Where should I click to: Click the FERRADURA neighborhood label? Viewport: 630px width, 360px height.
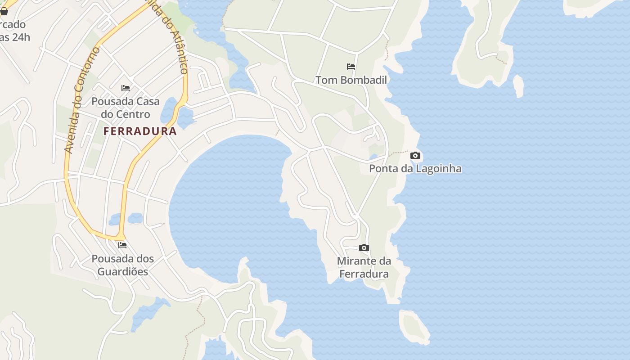pos(140,131)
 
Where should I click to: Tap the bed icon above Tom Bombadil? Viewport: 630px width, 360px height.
pos(351,67)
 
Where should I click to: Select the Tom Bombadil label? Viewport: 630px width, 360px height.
pos(351,80)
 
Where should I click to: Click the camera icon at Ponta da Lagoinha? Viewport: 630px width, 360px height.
pos(415,156)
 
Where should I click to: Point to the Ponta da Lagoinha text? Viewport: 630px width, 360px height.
pos(415,169)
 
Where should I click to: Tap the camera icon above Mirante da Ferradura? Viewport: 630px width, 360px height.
pos(364,248)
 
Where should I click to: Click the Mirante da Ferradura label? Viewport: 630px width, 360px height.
pos(364,267)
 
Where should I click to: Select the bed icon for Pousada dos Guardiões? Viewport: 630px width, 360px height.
pos(122,245)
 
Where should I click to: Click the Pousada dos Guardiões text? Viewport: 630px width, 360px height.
pos(122,265)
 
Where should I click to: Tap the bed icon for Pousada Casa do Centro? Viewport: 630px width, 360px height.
pos(126,88)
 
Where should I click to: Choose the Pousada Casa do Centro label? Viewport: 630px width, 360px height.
pos(126,108)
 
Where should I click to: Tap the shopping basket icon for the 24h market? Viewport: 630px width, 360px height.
pos(4,11)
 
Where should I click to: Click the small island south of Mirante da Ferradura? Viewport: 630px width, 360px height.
pos(414,326)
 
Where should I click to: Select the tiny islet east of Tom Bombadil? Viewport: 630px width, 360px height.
pos(518,85)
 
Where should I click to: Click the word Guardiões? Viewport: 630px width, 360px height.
pos(122,272)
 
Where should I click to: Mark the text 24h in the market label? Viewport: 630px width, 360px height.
pos(21,37)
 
